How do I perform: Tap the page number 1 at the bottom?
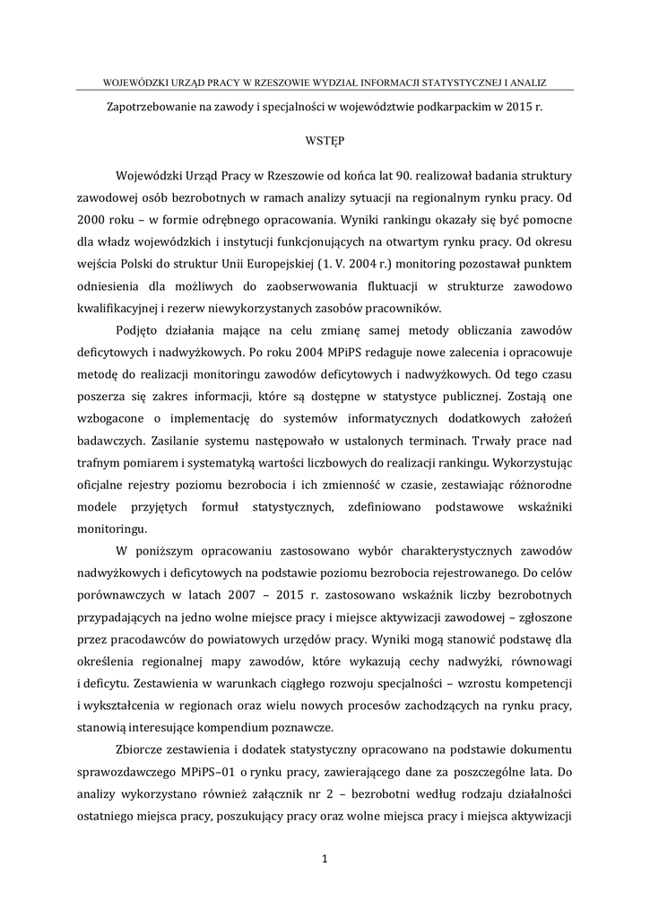(x=325, y=858)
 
